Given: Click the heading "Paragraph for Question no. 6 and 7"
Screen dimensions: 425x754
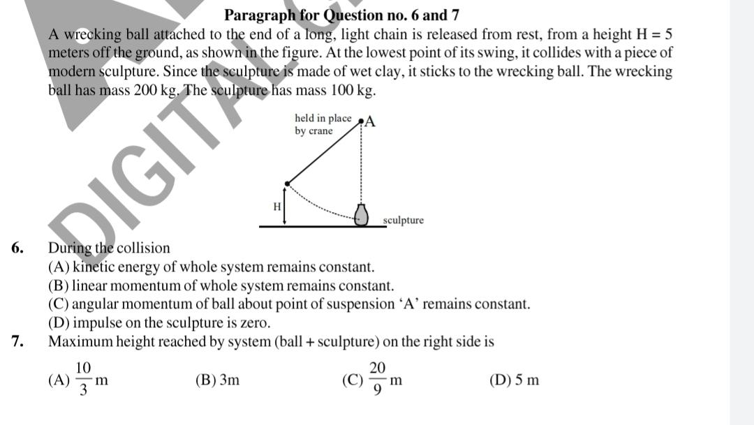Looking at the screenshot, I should point(341,15).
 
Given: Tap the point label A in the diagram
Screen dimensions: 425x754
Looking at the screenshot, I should point(369,121).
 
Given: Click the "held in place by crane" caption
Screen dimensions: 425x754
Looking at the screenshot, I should point(323,124).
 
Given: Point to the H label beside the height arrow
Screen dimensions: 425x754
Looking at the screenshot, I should point(277,206).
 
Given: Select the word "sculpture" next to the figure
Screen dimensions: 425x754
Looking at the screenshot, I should point(404,221).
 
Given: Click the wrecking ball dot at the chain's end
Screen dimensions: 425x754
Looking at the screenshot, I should point(288,183).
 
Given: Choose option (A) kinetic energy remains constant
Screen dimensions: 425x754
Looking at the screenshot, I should point(211,267).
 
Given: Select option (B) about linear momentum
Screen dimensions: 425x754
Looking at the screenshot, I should point(221,286).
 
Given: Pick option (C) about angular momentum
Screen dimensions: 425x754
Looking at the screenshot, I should point(289,304).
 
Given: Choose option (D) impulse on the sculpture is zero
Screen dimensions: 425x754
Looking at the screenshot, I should point(159,323).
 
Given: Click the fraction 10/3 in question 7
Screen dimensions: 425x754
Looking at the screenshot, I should point(83,378).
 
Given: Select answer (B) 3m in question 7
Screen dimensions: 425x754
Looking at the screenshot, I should point(218,380).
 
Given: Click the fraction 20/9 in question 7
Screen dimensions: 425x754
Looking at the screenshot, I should point(377,378).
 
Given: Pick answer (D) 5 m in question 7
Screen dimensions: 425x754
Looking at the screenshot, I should point(515,380).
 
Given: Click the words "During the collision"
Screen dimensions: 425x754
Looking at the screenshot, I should point(109,248).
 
